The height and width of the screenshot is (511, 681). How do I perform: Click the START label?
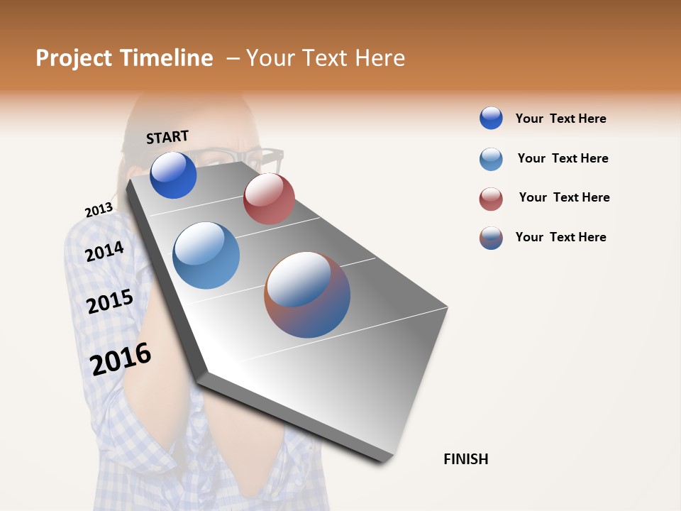pos(167,137)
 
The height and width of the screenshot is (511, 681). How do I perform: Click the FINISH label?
pos(465,459)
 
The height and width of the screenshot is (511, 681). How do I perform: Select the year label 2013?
pos(99,210)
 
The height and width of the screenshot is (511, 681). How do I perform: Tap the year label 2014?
pos(104,251)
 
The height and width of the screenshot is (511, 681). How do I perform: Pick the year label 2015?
pos(109,302)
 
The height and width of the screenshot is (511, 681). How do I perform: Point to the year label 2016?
pos(121,359)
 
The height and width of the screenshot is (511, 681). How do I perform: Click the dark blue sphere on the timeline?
pos(173,175)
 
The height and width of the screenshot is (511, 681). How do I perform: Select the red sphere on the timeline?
pos(269,199)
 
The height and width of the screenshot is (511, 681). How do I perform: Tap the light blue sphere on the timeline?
pos(206,255)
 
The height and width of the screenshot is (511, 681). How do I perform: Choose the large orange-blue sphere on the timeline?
pos(307,295)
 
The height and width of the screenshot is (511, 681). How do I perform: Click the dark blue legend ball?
pos(491,118)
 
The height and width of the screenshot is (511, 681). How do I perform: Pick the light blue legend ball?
pos(491,159)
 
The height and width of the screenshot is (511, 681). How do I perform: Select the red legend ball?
pos(491,199)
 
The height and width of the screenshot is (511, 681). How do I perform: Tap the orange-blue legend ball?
pos(491,238)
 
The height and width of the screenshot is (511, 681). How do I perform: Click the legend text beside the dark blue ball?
pos(560,119)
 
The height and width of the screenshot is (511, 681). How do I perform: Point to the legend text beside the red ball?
pos(564,197)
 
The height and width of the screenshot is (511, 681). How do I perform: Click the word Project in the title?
pos(74,58)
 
